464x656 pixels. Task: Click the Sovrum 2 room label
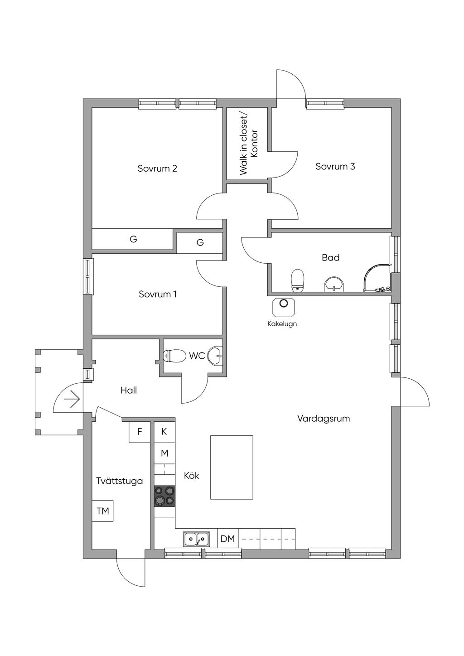157,169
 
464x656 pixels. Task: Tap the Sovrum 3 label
335,166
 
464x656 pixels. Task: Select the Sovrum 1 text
158,294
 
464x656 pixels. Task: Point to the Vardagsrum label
324,419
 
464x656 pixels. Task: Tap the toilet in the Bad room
298,280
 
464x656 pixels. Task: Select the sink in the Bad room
334,284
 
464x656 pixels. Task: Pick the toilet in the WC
174,356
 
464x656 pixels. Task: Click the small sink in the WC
215,356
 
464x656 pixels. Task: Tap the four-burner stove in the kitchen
164,496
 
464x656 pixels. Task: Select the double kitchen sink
197,539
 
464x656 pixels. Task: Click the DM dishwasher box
228,539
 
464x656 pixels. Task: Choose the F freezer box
140,432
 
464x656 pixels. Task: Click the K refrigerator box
164,432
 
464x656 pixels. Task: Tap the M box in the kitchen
164,453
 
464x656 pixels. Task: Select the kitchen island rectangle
232,467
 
